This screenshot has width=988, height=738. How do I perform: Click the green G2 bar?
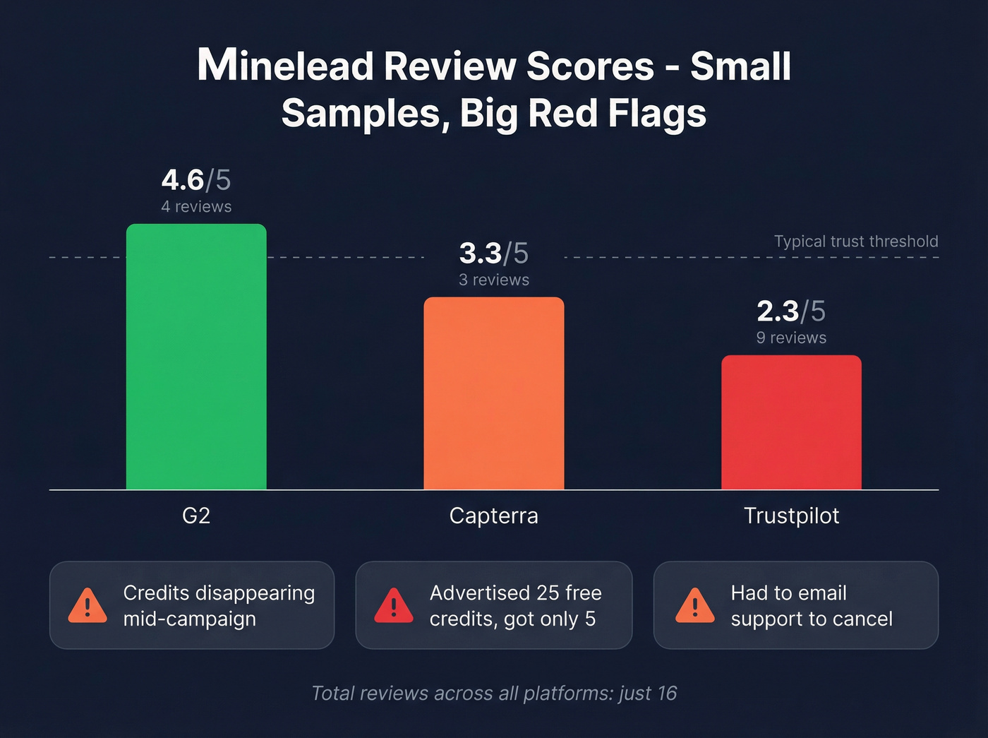[x=196, y=357]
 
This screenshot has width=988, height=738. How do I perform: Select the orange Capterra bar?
[x=493, y=393]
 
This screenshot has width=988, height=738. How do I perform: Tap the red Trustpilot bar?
[x=791, y=422]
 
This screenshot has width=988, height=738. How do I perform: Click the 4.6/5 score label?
[x=196, y=180]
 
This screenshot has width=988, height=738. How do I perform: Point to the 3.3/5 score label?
[x=493, y=254]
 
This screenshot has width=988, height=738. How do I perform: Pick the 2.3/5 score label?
[x=791, y=311]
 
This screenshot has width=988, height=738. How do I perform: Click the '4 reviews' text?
[x=196, y=207]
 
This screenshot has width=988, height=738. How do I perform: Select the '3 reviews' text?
[x=493, y=280]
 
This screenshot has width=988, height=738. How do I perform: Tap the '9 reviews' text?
[x=791, y=338]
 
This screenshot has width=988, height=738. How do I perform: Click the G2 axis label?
[x=196, y=516]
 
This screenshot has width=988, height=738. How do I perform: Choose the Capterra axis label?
[x=493, y=516]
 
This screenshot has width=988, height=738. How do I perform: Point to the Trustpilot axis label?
[x=791, y=516]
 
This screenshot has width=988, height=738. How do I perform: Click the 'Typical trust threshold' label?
[x=855, y=242]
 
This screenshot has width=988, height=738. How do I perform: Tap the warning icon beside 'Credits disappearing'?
[x=88, y=606]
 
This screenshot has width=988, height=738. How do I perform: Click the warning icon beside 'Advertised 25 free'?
[x=394, y=606]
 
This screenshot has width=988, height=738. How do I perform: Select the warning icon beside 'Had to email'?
[x=694, y=606]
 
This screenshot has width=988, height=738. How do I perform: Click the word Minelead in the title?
[x=286, y=66]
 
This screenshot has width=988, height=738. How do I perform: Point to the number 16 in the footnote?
[x=666, y=694]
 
